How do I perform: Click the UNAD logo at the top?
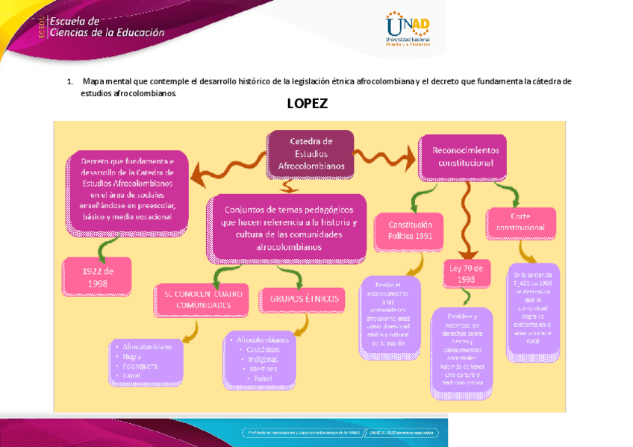407,28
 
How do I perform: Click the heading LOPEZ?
307,104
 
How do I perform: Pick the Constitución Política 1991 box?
410,231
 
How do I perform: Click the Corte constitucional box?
521,222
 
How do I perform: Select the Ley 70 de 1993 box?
467,273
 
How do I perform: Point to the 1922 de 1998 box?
97,277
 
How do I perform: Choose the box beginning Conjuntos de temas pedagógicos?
289,228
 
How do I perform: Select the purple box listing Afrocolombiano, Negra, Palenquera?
146,361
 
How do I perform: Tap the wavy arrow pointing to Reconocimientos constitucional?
384,155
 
